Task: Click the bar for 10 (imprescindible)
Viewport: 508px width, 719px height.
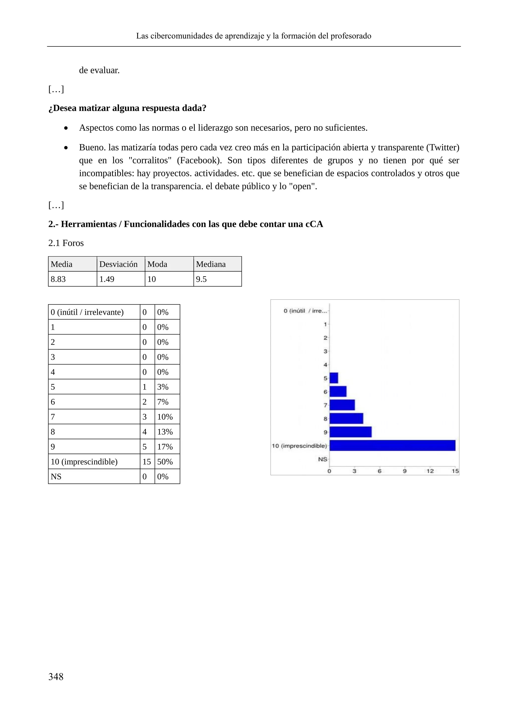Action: tap(392, 445)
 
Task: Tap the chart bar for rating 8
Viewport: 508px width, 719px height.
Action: tap(346, 418)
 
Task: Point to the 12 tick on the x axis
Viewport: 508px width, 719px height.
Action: tap(430, 471)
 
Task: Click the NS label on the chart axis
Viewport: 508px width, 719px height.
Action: tap(322, 459)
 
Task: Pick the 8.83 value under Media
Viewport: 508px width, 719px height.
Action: tap(59, 279)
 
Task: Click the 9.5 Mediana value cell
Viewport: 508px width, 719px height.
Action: tap(201, 279)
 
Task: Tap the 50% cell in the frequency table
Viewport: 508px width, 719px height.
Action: tap(165, 462)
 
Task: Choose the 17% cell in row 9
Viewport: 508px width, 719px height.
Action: tap(165, 447)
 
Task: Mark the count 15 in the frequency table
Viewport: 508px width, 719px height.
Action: tap(147, 462)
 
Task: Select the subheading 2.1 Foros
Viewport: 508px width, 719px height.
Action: tap(66, 243)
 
